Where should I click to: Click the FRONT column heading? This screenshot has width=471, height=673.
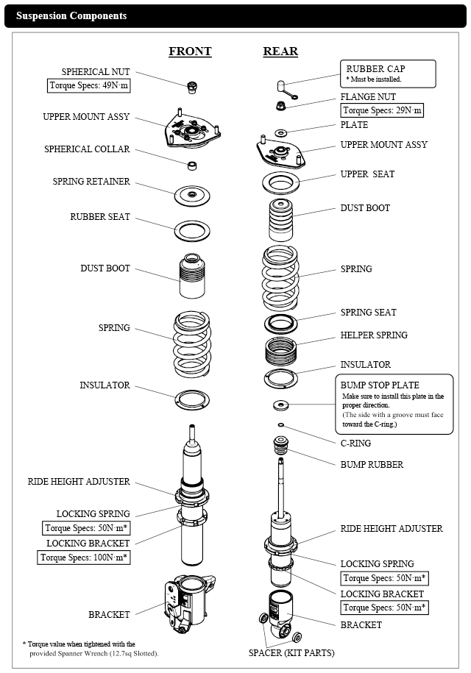[x=190, y=51]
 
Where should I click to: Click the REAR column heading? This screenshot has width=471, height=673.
[x=280, y=51]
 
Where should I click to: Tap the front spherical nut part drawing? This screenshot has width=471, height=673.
[x=192, y=87]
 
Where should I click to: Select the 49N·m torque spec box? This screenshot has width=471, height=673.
[x=88, y=85]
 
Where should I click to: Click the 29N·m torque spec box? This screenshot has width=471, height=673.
[x=383, y=111]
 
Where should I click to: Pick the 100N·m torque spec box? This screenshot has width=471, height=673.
[x=84, y=557]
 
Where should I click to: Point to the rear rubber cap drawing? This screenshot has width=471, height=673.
[x=281, y=88]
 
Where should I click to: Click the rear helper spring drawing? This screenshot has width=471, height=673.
[x=280, y=351]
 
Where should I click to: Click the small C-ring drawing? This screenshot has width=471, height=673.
[x=280, y=425]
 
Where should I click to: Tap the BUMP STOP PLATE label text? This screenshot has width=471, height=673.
[x=379, y=385]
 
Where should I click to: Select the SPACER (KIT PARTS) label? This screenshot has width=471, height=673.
[x=291, y=652]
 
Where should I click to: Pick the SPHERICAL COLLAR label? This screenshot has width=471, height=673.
[x=86, y=149]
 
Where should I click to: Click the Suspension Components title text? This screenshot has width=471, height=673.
[x=71, y=15]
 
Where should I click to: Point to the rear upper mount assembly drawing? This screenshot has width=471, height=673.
[x=280, y=152]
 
